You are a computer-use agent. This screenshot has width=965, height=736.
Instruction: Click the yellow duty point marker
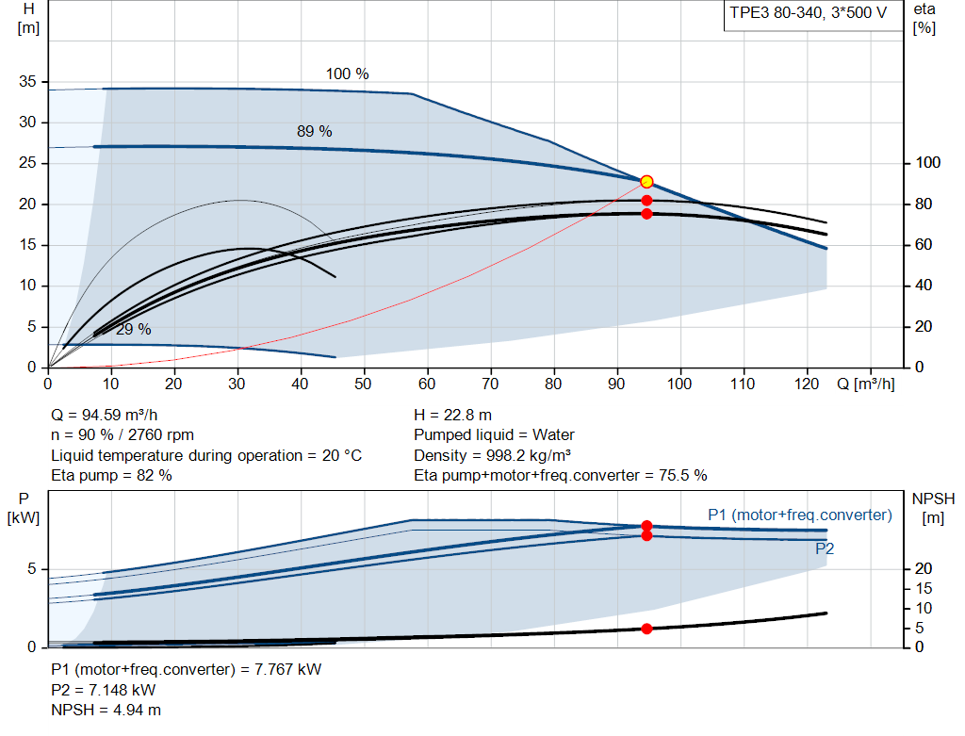coord(646,182)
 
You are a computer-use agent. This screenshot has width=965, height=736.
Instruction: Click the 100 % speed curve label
coord(347,74)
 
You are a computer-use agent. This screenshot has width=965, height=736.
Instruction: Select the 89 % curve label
coord(315,131)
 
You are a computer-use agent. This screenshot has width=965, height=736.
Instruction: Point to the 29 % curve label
coord(134,329)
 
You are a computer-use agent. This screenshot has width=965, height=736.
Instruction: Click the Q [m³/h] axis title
coord(865,384)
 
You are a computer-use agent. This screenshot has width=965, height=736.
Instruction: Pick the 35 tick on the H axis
coord(27,81)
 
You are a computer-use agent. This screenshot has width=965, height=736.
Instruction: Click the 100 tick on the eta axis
coord(927,162)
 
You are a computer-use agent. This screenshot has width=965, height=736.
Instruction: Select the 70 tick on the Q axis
coord(490,384)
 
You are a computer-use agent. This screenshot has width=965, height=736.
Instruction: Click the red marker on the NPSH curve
coord(646,629)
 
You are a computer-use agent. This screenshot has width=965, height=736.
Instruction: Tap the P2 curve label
coord(825,548)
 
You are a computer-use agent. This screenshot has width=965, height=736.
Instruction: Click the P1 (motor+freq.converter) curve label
coord(799,515)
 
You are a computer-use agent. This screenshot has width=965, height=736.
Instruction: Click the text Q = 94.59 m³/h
coord(104,415)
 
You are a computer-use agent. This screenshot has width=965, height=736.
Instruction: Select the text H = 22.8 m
coord(452,415)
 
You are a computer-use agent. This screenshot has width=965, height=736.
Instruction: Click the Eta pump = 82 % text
coord(111,475)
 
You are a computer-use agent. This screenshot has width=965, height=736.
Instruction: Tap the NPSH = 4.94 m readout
coord(106,710)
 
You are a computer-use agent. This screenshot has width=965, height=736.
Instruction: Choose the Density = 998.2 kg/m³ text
coord(492,455)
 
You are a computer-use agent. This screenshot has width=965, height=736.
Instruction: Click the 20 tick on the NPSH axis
coord(924,568)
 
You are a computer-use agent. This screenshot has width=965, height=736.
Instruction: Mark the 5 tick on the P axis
coord(31,568)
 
